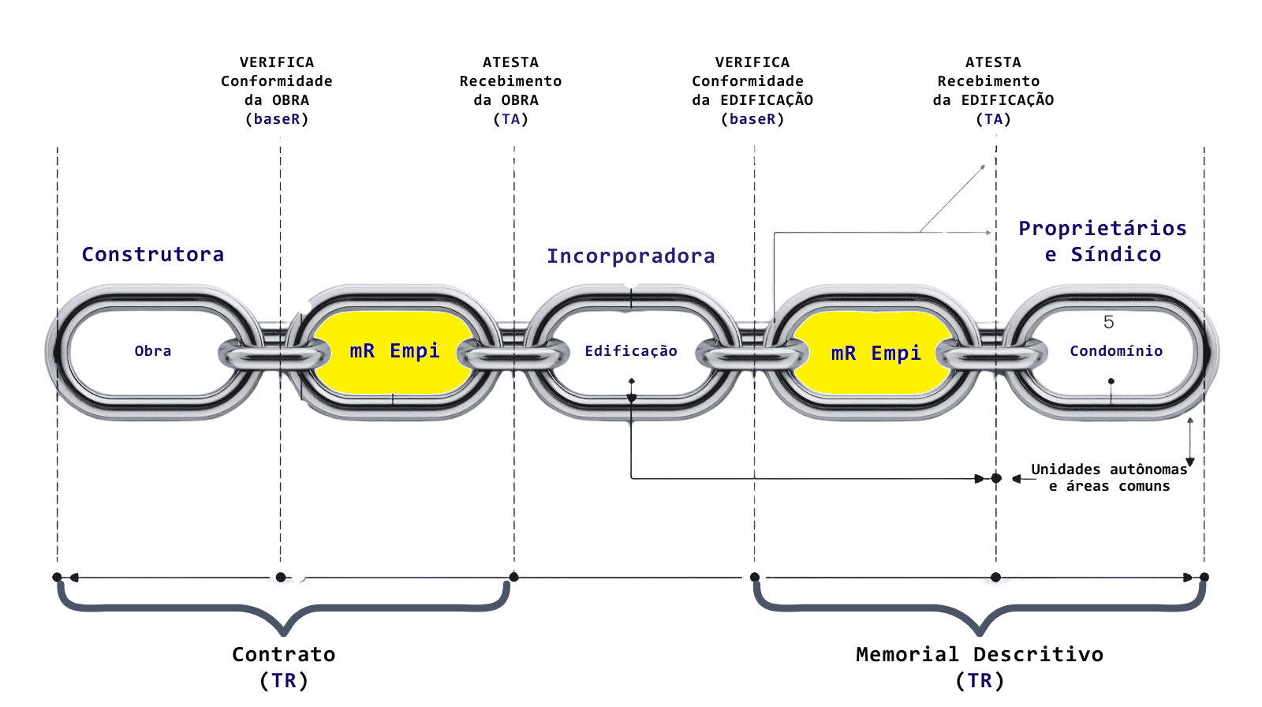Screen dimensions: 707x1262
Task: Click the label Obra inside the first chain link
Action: tap(152, 351)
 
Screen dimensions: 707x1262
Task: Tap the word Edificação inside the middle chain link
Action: tap(630, 351)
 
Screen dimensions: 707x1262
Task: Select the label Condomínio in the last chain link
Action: tap(1116, 351)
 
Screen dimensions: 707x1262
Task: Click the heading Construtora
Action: tap(153, 254)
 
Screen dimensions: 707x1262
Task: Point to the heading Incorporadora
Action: tap(631, 256)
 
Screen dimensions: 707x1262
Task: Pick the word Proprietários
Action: tap(1102, 228)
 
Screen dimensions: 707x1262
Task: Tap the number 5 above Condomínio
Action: tap(1108, 322)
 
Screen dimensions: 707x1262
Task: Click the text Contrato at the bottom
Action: tap(283, 654)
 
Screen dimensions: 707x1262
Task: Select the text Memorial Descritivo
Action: tap(979, 654)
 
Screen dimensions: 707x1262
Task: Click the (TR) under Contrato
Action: tap(283, 680)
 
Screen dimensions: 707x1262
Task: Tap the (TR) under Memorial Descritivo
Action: tap(980, 680)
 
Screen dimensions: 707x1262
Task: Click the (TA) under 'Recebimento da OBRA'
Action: tap(510, 119)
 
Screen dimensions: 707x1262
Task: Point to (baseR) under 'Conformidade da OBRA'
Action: tap(276, 119)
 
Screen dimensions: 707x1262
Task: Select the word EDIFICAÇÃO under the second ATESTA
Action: tap(1007, 100)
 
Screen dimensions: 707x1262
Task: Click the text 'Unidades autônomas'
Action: tap(1108, 469)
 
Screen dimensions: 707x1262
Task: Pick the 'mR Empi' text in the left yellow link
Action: tap(394, 350)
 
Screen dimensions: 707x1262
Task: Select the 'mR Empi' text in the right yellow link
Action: tap(876, 353)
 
